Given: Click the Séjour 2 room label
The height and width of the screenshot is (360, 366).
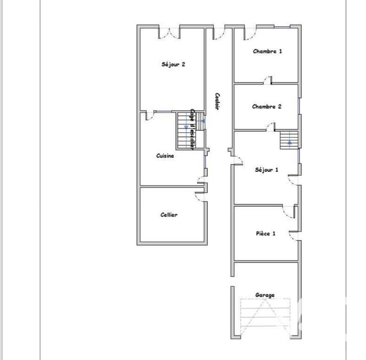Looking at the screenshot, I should [x=173, y=64].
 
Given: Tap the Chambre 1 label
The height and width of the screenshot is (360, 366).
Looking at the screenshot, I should [x=267, y=51].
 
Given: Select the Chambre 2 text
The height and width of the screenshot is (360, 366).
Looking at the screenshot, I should [x=266, y=107].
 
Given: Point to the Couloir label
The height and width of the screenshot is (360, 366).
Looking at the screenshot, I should [x=218, y=102].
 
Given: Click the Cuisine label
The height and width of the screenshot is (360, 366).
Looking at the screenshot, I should [x=165, y=156].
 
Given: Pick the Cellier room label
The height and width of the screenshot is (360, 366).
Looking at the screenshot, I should [x=169, y=215].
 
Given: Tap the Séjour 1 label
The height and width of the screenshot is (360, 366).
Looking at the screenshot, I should [x=266, y=170].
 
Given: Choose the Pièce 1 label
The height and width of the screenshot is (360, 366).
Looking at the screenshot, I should [x=265, y=233].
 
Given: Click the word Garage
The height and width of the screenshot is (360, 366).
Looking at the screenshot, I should [x=265, y=295].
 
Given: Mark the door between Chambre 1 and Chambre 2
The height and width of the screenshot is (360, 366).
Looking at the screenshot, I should [x=267, y=81].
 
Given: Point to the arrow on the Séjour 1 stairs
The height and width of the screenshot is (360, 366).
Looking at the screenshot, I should [x=289, y=142].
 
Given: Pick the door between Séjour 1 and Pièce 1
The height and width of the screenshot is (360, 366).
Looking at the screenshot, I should [x=288, y=210].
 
